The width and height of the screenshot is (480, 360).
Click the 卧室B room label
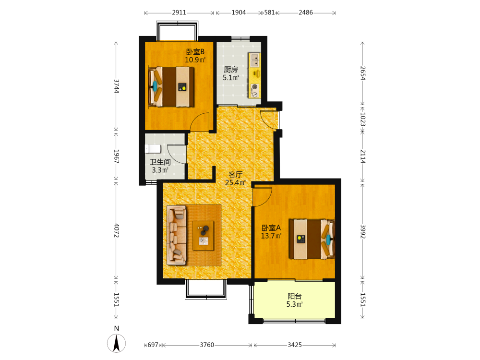195,52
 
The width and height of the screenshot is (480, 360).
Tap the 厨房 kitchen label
231,70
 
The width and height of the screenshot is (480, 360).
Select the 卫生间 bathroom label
160,162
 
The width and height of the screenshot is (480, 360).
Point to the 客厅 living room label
235,175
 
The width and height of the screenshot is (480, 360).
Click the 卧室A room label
271,228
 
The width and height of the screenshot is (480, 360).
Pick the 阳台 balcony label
295,296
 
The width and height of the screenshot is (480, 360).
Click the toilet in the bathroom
153,149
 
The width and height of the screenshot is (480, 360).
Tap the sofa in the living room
177,235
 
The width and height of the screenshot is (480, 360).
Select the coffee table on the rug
203,236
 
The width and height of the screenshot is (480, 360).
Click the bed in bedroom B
171,86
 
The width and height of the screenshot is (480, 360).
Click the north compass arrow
116,343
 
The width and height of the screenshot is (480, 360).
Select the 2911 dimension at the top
179,12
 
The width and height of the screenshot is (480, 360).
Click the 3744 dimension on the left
116,86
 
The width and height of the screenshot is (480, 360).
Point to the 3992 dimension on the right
363,232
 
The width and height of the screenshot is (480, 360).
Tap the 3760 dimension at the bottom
207,345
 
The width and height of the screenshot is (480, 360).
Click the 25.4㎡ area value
235,183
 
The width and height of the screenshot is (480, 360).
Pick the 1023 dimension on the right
363,119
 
